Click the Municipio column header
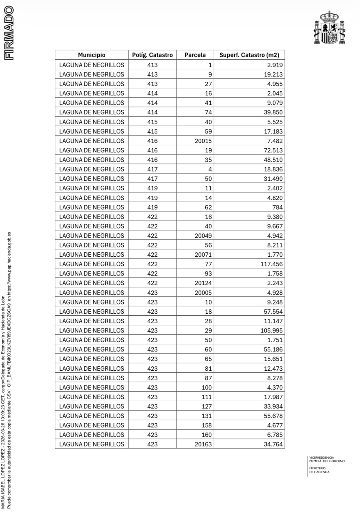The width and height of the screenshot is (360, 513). click(x=92, y=55)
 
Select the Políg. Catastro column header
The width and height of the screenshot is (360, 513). click(x=152, y=55)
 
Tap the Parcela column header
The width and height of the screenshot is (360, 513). click(x=195, y=55)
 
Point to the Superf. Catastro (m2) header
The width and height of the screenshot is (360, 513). click(x=249, y=55)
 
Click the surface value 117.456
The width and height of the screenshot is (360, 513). click(x=271, y=264)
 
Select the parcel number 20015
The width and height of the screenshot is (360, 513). click(x=203, y=141)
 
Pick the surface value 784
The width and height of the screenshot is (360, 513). click(x=278, y=207)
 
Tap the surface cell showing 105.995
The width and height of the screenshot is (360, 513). click(x=271, y=331)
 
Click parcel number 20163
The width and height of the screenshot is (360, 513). click(x=203, y=444)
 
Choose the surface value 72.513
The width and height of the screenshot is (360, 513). click(x=273, y=150)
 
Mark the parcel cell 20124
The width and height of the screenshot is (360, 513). click(x=203, y=283)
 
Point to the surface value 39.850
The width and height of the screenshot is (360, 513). click(x=273, y=112)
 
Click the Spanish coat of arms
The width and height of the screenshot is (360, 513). click(x=329, y=28)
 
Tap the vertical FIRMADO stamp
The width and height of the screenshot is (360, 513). click(x=9, y=33)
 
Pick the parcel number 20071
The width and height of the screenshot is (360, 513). click(x=203, y=255)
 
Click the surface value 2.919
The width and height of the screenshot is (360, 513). click(x=275, y=65)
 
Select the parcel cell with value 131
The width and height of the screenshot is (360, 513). click(x=206, y=416)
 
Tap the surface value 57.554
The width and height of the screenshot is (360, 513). click(x=273, y=312)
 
